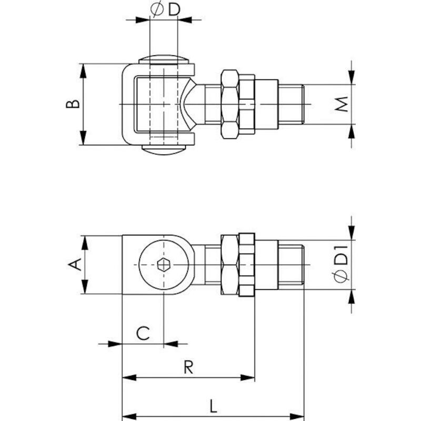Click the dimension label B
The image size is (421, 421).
point(73,104)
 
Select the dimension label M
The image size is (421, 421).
point(342,104)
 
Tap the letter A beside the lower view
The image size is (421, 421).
point(75,264)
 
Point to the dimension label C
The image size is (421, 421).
point(143,333)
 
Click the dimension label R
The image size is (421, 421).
point(188,367)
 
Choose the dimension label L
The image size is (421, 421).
point(213,406)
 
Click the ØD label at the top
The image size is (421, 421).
point(165,9)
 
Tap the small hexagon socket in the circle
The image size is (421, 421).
point(163,265)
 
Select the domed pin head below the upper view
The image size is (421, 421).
point(164,150)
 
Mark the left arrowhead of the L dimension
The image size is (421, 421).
point(129,417)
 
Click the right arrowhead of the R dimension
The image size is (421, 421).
point(247,378)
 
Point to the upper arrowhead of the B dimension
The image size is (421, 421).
point(84,71)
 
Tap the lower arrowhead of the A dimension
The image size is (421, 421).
point(85,287)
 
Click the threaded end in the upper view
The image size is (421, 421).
point(291,104)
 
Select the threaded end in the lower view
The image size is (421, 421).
point(291,265)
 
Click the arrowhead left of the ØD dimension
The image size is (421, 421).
point(143,19)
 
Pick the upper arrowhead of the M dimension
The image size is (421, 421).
point(352,77)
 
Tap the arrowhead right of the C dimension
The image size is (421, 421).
point(171,344)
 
